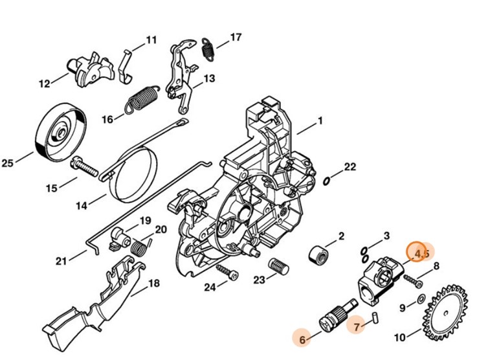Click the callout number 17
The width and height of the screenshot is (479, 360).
pyautogui.click(x=236, y=37)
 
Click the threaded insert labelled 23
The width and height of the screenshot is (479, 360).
pyautogui.click(x=278, y=266)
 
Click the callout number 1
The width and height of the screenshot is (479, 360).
pyautogui.click(x=319, y=121)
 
